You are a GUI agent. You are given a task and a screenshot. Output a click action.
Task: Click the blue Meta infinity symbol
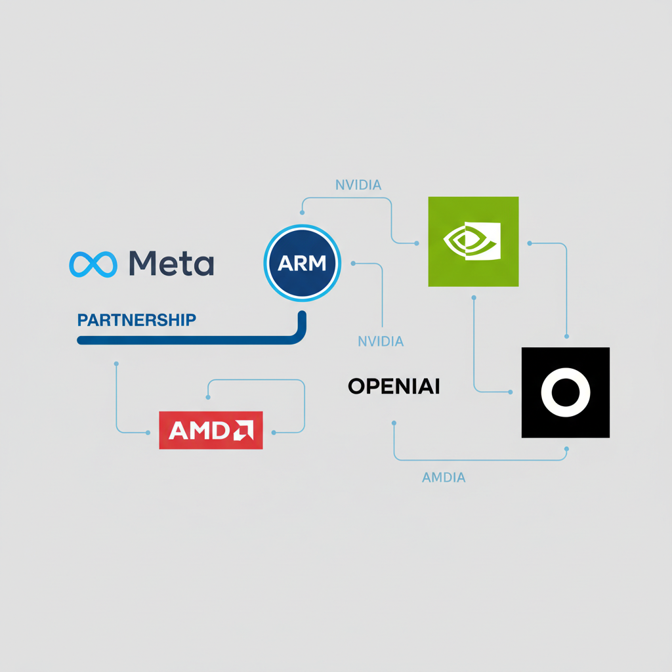pos(93,264)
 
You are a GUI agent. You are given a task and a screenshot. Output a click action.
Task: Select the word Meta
pos(171,264)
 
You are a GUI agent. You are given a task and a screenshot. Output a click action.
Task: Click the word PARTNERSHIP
pos(136,320)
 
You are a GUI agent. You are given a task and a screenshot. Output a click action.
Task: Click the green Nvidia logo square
pos(473,241)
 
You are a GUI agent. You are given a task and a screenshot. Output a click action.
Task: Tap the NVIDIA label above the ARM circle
pos(358,185)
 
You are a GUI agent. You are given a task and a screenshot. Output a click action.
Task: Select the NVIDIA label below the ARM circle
pos(381,341)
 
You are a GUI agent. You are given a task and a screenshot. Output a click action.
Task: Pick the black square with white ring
pos(565,392)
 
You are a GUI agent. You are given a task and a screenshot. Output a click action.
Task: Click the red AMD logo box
pos(211,430)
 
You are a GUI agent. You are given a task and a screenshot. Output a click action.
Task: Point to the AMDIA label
pos(444,478)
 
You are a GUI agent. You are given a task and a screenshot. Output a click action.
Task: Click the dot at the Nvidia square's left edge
pos(417,243)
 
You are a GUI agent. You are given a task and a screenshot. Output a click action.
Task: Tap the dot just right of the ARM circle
pos(353,264)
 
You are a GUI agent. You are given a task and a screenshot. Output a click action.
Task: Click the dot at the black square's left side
pos(511,392)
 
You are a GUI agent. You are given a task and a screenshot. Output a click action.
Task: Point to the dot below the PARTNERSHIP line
pos(116,363)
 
